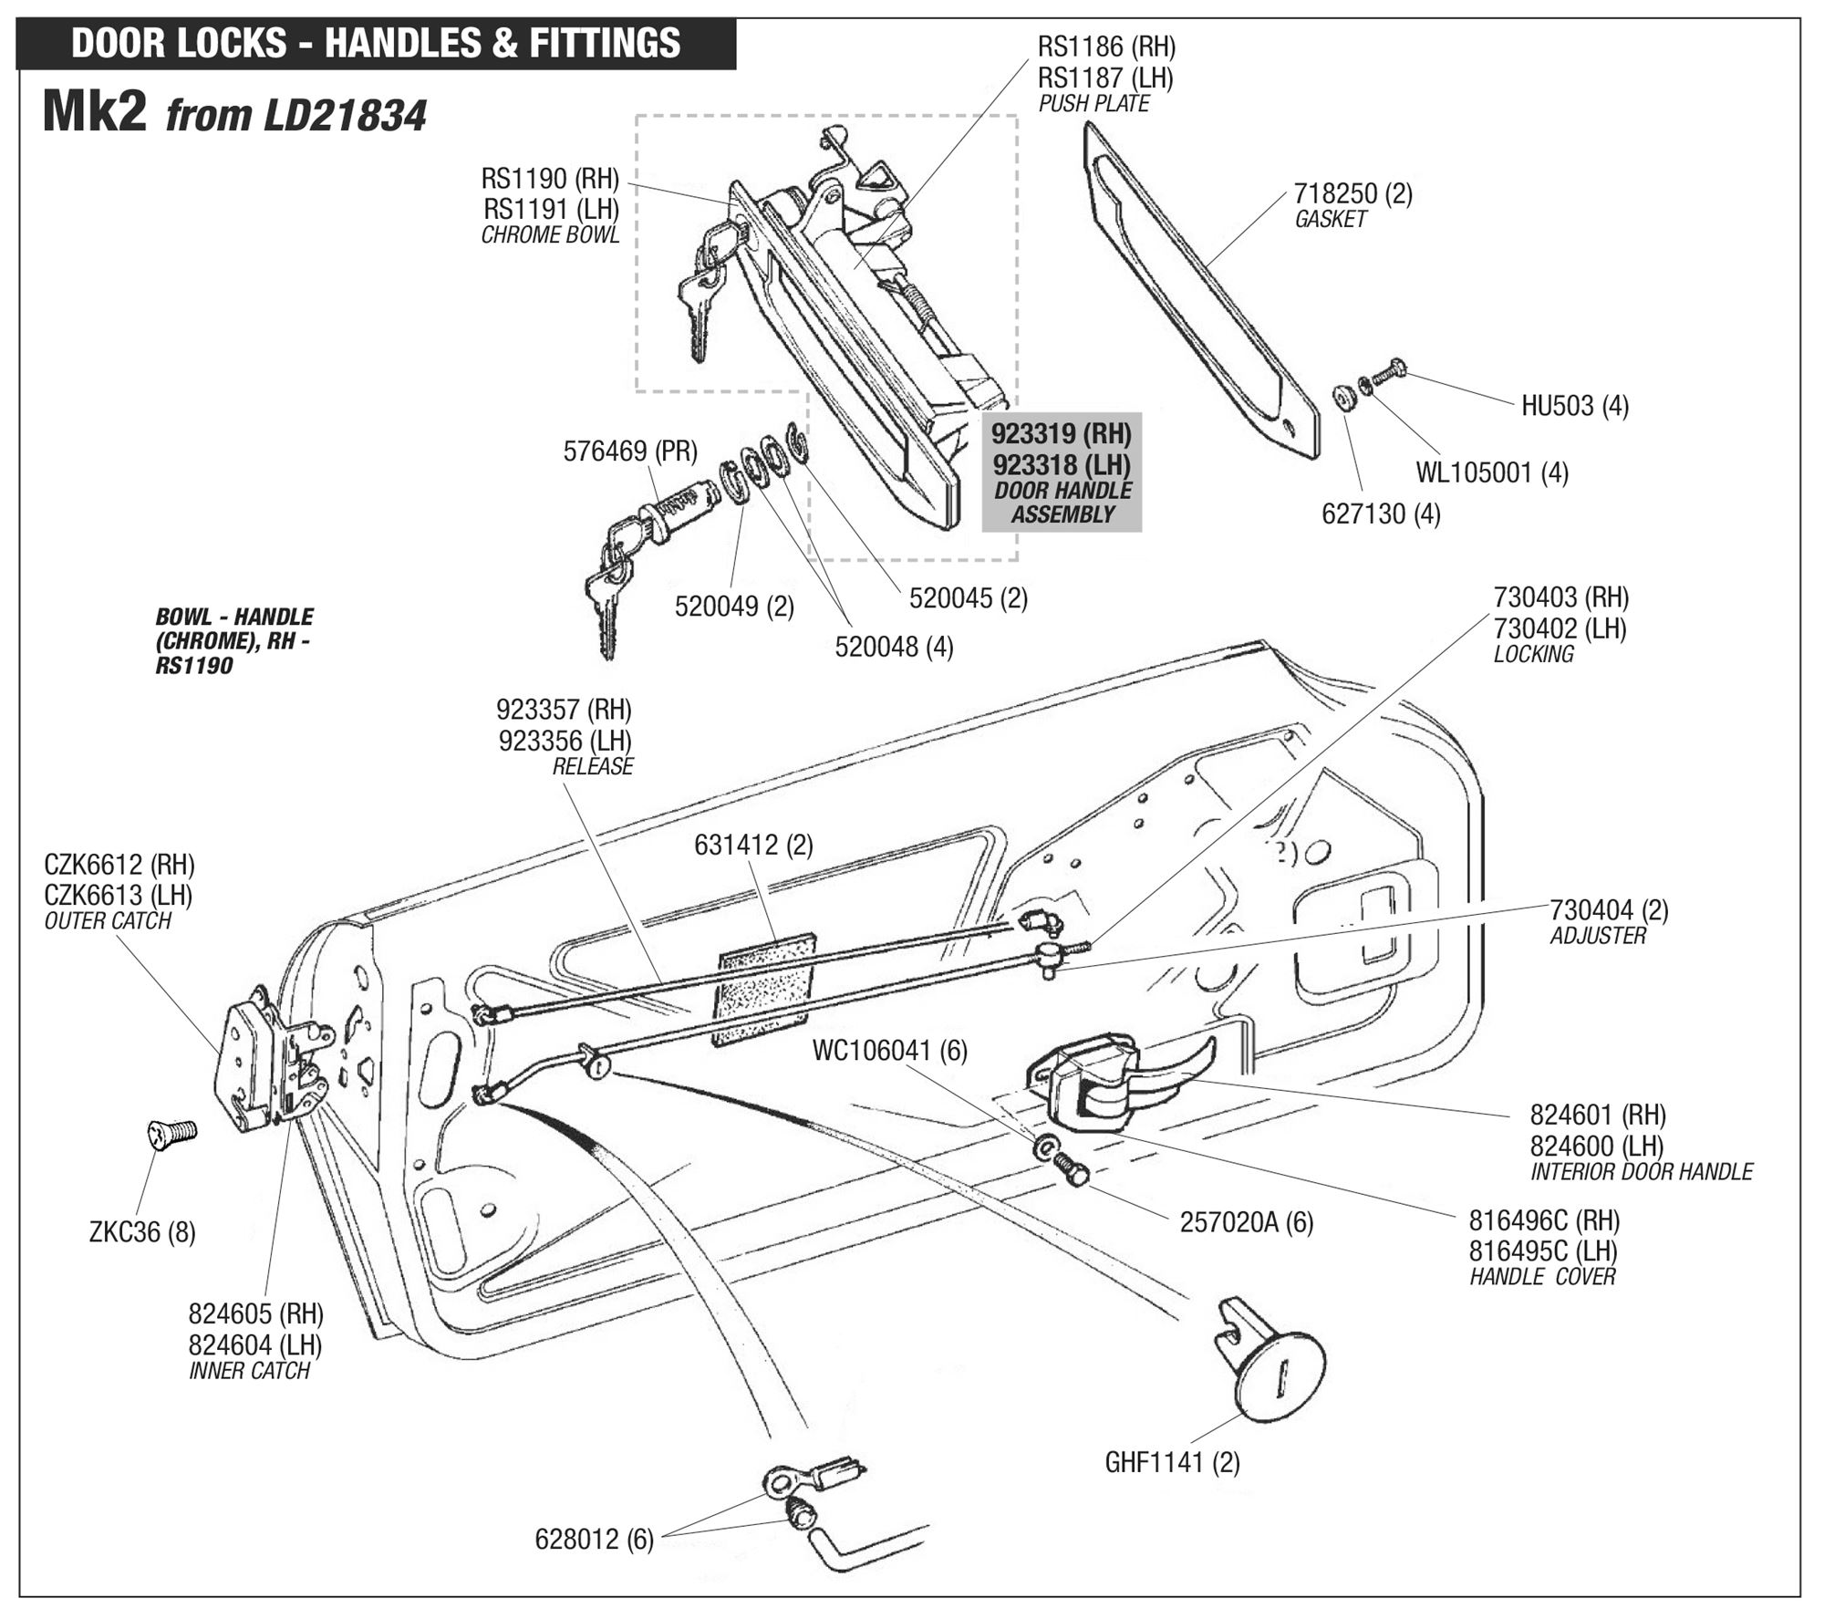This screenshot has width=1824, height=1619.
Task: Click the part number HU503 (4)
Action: tap(1574, 405)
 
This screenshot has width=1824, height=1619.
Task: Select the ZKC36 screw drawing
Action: tap(171, 1133)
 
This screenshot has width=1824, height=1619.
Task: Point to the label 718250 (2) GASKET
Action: tap(1352, 205)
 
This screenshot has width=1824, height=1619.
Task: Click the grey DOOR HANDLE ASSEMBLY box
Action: tap(1062, 472)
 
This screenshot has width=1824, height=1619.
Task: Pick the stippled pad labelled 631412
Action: tap(766, 989)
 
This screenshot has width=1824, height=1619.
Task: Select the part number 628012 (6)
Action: tap(594, 1540)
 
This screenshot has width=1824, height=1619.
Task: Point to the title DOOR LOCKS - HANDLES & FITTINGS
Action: tap(376, 44)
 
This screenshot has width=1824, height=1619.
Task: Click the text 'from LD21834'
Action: tap(296, 116)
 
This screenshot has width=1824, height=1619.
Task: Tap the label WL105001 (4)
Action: tap(1491, 472)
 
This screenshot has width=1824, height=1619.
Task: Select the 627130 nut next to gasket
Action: tap(1342, 398)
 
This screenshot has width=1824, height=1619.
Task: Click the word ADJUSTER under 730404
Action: tap(1597, 936)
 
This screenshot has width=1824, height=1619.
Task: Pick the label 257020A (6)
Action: tap(1246, 1222)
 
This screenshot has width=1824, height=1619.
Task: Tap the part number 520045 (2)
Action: tap(968, 598)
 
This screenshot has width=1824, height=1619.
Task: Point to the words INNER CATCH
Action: tap(249, 1371)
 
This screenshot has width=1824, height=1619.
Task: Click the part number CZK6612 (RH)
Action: tap(119, 864)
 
